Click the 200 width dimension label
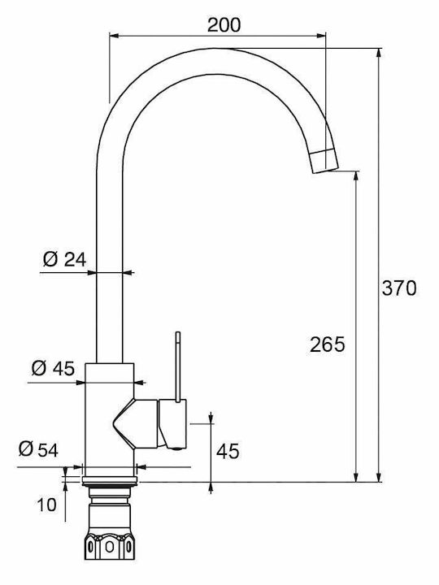click(224, 24)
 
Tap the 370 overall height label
click(398, 288)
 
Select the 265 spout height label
click(328, 344)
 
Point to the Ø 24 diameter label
click(64, 259)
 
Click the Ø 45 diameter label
click(53, 369)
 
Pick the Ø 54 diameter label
click(38, 449)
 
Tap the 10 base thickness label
click(46, 505)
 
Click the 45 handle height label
click(228, 452)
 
